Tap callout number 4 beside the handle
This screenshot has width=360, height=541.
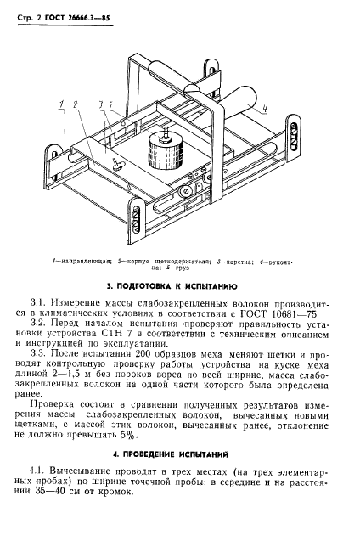pos(264,108)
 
